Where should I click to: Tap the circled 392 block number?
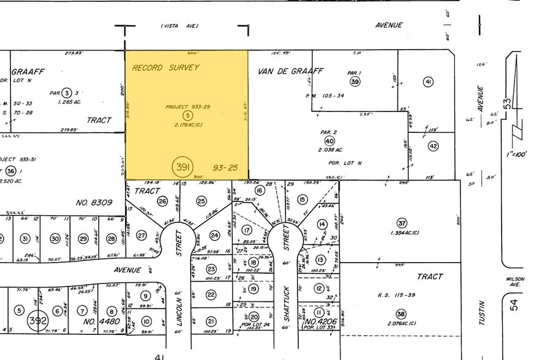coord(38,320)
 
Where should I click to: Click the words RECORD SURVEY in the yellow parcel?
coord(166,67)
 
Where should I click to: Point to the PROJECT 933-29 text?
coord(188,107)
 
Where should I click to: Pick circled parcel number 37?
coord(402,223)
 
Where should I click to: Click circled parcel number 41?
coord(428,82)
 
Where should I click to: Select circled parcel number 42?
coord(433,146)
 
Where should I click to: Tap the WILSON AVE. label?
coord(516,282)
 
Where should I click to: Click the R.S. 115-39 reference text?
coord(396,296)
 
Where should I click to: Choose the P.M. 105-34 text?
coord(325,96)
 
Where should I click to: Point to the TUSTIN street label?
coord(482,312)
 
